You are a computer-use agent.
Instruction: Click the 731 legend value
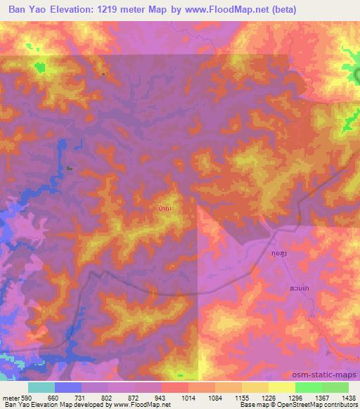pyautogui.click(x=82, y=398)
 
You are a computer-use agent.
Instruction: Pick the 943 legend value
pyautogui.click(x=162, y=398)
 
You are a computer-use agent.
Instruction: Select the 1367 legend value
pyautogui.click(x=321, y=398)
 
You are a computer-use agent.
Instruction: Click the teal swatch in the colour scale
pyautogui.click(x=41, y=387)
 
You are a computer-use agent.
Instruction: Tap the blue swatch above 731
pyautogui.click(x=68, y=387)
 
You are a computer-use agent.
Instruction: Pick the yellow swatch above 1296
pyautogui.click(x=281, y=387)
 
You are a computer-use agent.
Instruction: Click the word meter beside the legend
pyautogui.click(x=10, y=398)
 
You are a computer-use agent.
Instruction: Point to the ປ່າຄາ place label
pyautogui.click(x=167, y=208)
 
